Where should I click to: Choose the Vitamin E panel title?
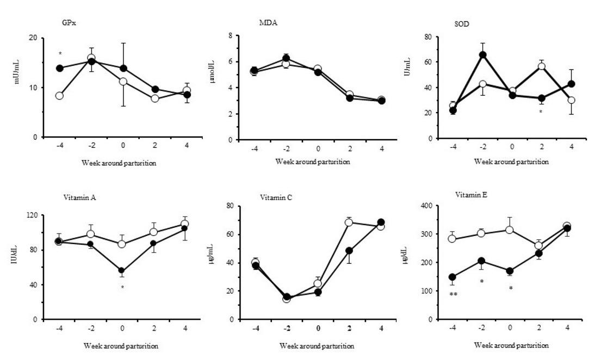pyautogui.click(x=471, y=194)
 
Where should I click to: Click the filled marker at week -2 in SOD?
pyautogui.click(x=482, y=54)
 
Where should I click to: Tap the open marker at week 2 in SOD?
pyautogui.click(x=541, y=66)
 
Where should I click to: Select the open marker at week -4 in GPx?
pyautogui.click(x=59, y=96)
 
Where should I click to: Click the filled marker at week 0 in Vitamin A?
pyautogui.click(x=122, y=270)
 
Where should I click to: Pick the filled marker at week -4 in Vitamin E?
pyautogui.click(x=453, y=277)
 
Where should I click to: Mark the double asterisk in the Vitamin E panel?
pyautogui.click(x=453, y=295)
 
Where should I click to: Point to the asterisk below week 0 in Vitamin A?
pyautogui.click(x=122, y=287)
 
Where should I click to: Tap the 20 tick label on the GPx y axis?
pyautogui.click(x=33, y=38)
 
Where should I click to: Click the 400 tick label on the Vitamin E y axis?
pyautogui.click(x=428, y=206)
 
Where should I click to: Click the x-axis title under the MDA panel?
pyautogui.click(x=312, y=162)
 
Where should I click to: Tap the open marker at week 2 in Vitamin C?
pyautogui.click(x=349, y=222)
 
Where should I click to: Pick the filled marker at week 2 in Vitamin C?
pyautogui.click(x=349, y=251)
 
